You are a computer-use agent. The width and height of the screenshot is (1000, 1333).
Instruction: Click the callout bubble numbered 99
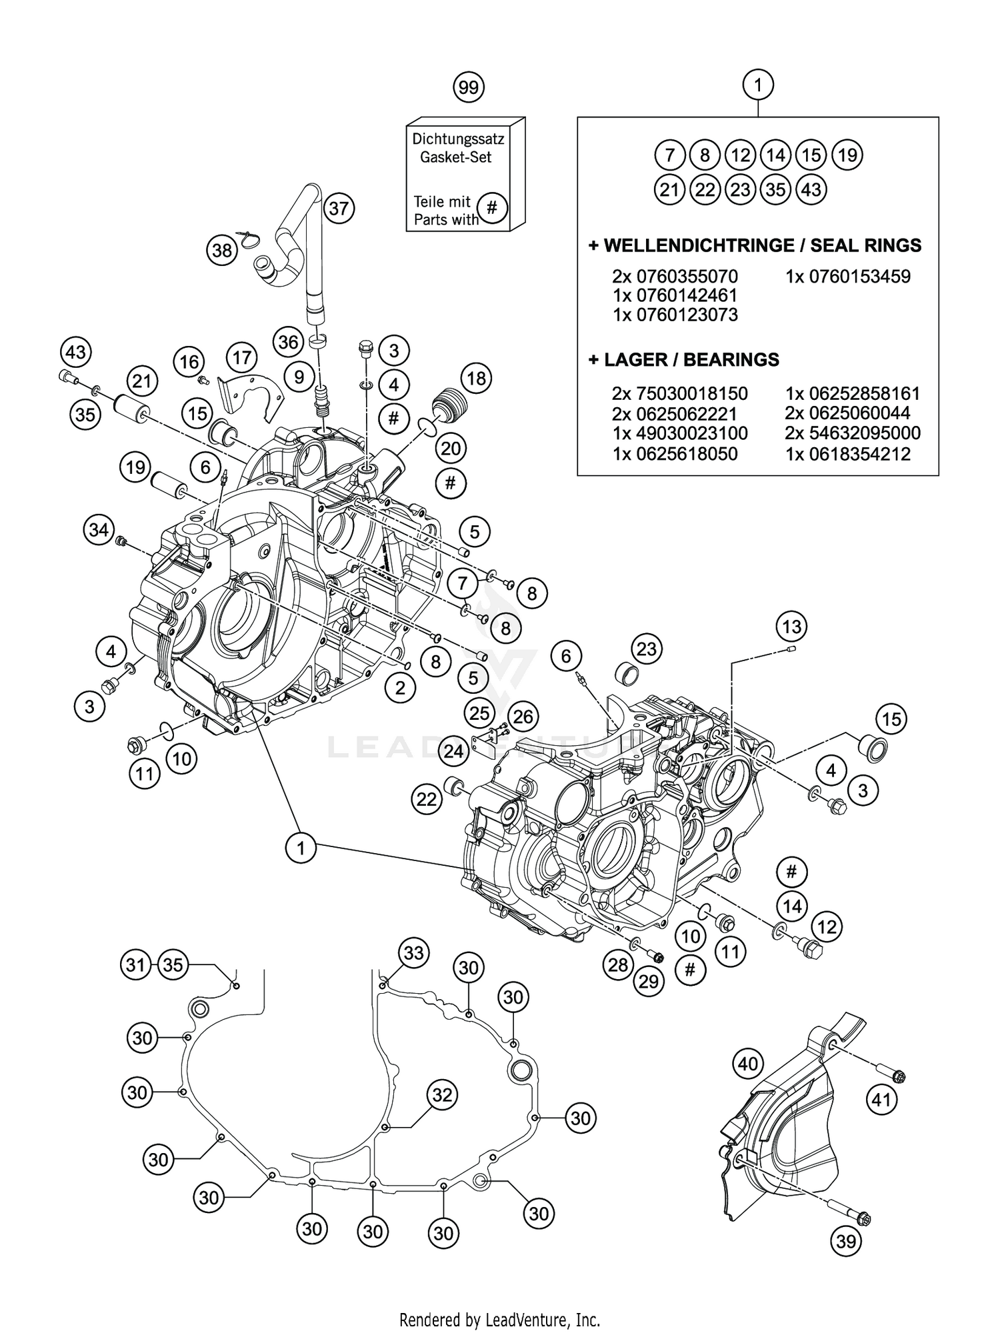click(469, 87)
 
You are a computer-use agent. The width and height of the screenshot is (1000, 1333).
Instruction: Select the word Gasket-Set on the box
click(455, 157)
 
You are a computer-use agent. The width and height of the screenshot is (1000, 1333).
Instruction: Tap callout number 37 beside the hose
click(339, 209)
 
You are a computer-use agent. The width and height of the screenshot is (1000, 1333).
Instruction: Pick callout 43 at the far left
click(76, 351)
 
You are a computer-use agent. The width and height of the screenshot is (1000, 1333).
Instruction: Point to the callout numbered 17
click(241, 358)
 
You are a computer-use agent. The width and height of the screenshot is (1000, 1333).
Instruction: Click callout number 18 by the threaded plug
click(476, 379)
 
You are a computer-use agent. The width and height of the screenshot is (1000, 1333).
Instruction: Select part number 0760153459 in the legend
click(847, 276)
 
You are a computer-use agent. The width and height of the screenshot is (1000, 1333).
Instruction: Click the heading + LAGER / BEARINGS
click(683, 360)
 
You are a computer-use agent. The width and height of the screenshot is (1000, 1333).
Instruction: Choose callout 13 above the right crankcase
click(791, 627)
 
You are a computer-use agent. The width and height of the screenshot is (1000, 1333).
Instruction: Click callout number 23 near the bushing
click(647, 649)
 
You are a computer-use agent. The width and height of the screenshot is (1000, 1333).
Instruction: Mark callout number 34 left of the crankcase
click(99, 530)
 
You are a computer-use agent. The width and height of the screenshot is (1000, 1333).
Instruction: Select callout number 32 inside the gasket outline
click(443, 1095)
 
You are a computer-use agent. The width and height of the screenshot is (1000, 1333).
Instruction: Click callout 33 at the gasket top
click(413, 953)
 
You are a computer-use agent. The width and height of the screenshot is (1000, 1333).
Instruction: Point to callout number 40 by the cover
click(748, 1064)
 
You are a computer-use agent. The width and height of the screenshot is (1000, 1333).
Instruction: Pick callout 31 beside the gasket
click(136, 965)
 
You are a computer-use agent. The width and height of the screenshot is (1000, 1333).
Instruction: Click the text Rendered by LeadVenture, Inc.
click(499, 1300)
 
